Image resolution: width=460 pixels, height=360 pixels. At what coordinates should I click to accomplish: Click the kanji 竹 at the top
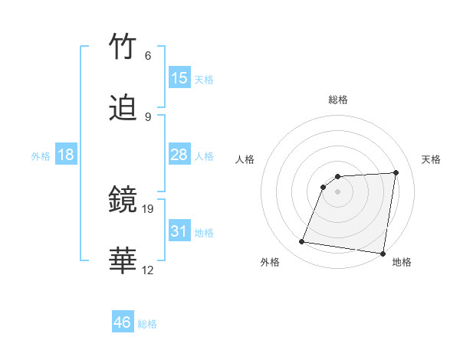pyautogui.click(x=123, y=47)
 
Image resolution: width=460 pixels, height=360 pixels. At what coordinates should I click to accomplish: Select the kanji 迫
pyautogui.click(x=123, y=109)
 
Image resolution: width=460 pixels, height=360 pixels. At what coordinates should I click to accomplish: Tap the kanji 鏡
pyautogui.click(x=123, y=201)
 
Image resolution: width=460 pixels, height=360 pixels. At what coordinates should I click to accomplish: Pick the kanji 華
pyautogui.click(x=123, y=261)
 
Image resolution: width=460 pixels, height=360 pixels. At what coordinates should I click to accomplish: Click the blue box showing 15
pyautogui.click(x=179, y=78)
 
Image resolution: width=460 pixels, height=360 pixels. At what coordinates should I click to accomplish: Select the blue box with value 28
pyautogui.click(x=179, y=155)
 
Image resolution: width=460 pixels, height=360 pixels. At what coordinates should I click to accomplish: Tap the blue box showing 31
pyautogui.click(x=179, y=231)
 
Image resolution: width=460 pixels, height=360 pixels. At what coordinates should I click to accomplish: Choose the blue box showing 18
pyautogui.click(x=66, y=155)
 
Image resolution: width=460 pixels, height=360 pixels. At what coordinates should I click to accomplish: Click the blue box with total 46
pyautogui.click(x=123, y=322)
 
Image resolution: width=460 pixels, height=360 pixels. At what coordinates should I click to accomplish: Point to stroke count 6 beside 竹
pyautogui.click(x=147, y=56)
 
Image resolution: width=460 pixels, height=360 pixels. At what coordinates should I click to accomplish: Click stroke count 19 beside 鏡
pyautogui.click(x=149, y=208)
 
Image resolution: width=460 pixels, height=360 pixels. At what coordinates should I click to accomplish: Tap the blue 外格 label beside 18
pyautogui.click(x=41, y=156)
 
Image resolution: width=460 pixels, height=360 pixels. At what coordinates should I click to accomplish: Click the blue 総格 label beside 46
pyautogui.click(x=147, y=324)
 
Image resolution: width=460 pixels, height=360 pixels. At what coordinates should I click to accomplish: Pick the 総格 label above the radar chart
pyautogui.click(x=338, y=100)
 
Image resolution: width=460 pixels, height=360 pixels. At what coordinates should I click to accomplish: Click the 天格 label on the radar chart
pyautogui.click(x=431, y=159)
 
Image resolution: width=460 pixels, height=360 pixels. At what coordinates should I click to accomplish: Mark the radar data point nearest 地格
pyautogui.click(x=383, y=254)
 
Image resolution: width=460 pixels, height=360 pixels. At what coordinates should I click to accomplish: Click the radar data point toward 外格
pyautogui.click(x=302, y=242)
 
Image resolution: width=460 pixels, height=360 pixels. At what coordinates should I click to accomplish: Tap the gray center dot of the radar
pyautogui.click(x=338, y=192)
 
